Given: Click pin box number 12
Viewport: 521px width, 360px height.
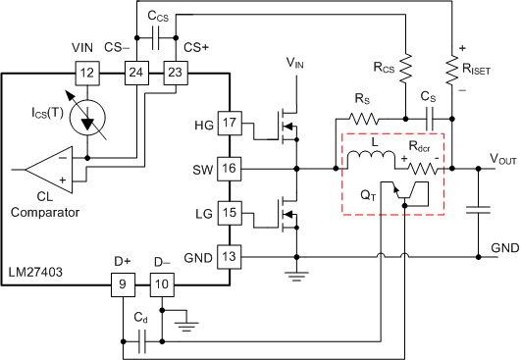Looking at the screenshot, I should click(x=87, y=72).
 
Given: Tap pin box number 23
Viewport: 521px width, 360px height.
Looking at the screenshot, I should click(x=176, y=72).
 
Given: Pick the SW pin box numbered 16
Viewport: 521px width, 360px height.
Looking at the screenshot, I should click(x=229, y=169).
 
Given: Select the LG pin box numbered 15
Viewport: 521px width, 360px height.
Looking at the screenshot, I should click(x=229, y=213).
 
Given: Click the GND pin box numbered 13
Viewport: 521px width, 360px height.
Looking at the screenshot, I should click(x=229, y=257).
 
